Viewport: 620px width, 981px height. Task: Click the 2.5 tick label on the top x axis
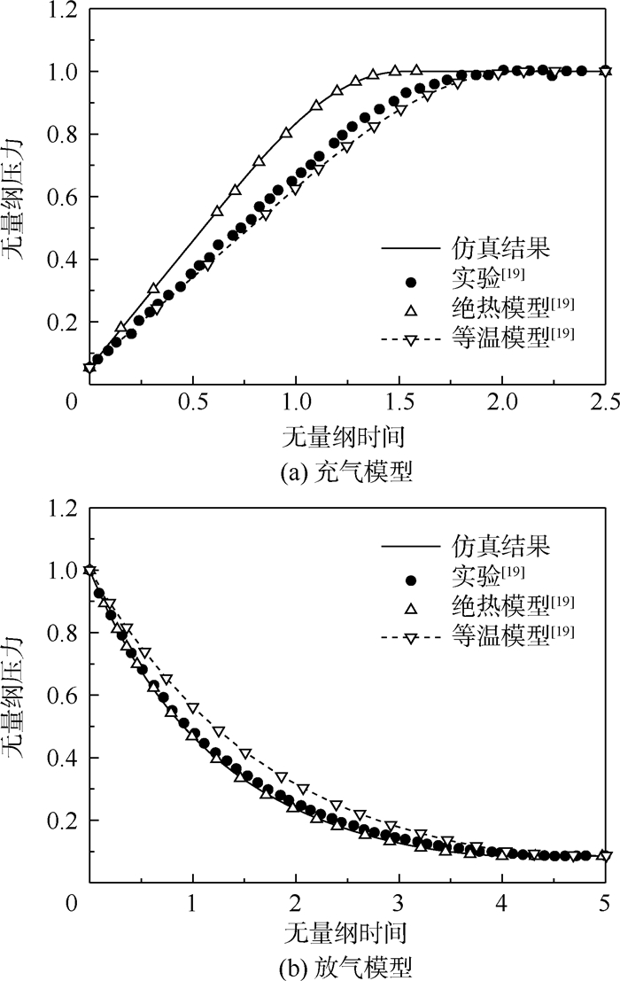tap(605, 401)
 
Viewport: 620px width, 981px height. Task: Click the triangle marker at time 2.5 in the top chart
tap(605, 71)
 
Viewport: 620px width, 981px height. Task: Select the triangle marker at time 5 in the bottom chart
tap(605, 856)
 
